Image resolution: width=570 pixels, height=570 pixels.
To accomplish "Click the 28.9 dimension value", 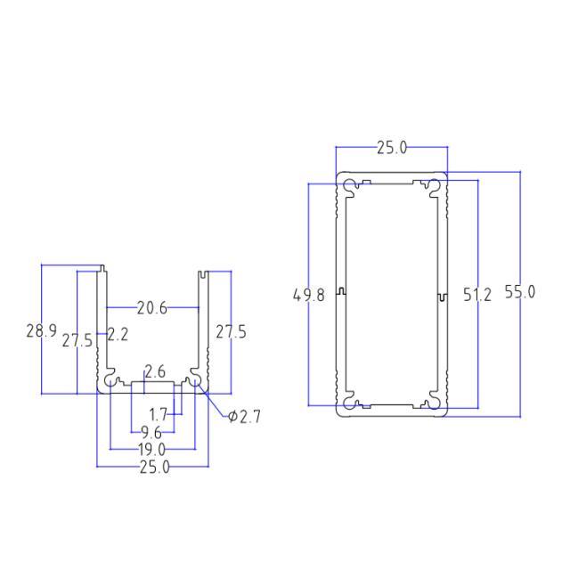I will pyautogui.click(x=41, y=331).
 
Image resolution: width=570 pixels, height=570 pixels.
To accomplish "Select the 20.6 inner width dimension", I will pyautogui.click(x=152, y=308).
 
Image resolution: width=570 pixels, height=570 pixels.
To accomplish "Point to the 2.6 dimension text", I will pyautogui.click(x=155, y=371).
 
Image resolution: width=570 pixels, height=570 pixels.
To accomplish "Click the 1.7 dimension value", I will pyautogui.click(x=159, y=414).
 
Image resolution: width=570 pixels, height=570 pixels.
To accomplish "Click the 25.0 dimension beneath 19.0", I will pyautogui.click(x=154, y=467).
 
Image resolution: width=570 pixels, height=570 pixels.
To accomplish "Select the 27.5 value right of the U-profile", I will pyautogui.click(x=232, y=332).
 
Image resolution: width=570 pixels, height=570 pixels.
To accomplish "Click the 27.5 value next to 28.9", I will pyautogui.click(x=77, y=340).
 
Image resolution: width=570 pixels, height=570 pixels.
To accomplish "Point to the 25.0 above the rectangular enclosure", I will pyautogui.click(x=391, y=148).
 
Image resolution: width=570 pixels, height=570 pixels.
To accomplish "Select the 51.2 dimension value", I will pyautogui.click(x=477, y=295).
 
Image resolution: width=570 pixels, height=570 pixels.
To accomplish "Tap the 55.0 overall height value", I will pyautogui.click(x=519, y=291).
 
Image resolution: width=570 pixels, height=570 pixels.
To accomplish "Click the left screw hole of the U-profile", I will pyautogui.click(x=110, y=380).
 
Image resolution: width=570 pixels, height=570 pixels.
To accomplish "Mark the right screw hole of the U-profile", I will pyautogui.click(x=194, y=380).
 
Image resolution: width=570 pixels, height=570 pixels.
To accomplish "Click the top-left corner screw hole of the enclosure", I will pyautogui.click(x=349, y=186).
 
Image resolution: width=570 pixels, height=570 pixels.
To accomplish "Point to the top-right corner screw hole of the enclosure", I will pyautogui.click(x=434, y=186).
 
